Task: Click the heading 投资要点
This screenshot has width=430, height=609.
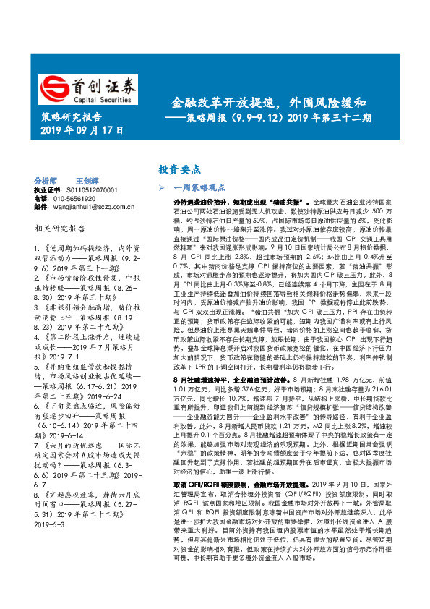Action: [x=179, y=169]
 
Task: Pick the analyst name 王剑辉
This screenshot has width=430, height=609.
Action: [x=87, y=180]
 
